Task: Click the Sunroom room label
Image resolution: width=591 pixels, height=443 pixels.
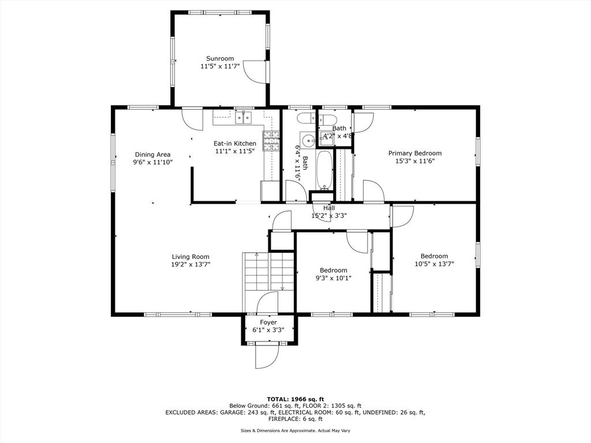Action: coord(220,58)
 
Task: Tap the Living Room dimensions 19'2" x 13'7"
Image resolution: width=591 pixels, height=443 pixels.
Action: coord(190,264)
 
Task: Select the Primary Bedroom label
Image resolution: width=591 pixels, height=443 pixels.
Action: coord(415,153)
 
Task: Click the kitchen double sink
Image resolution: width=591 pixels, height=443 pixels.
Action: coord(244,118)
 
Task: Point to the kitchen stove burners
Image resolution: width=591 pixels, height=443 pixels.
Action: coord(271,141)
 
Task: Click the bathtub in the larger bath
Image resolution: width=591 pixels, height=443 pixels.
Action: coord(324,170)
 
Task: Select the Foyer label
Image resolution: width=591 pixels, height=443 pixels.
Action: coord(268,322)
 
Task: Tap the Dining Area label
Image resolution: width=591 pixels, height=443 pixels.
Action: coord(152,155)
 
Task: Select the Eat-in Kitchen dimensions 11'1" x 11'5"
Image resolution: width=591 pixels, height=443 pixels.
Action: coord(235,151)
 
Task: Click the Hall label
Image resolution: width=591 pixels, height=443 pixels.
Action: coord(328,208)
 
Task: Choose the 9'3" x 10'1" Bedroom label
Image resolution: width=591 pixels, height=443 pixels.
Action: coord(334,270)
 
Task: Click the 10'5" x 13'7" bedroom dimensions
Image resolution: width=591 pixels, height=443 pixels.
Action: coord(434,264)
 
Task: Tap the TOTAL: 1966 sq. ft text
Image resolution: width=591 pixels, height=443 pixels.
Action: coord(295,399)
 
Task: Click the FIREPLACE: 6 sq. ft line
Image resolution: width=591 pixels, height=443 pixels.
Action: coord(295,419)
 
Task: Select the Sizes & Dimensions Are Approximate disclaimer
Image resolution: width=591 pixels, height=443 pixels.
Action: coord(295,430)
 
